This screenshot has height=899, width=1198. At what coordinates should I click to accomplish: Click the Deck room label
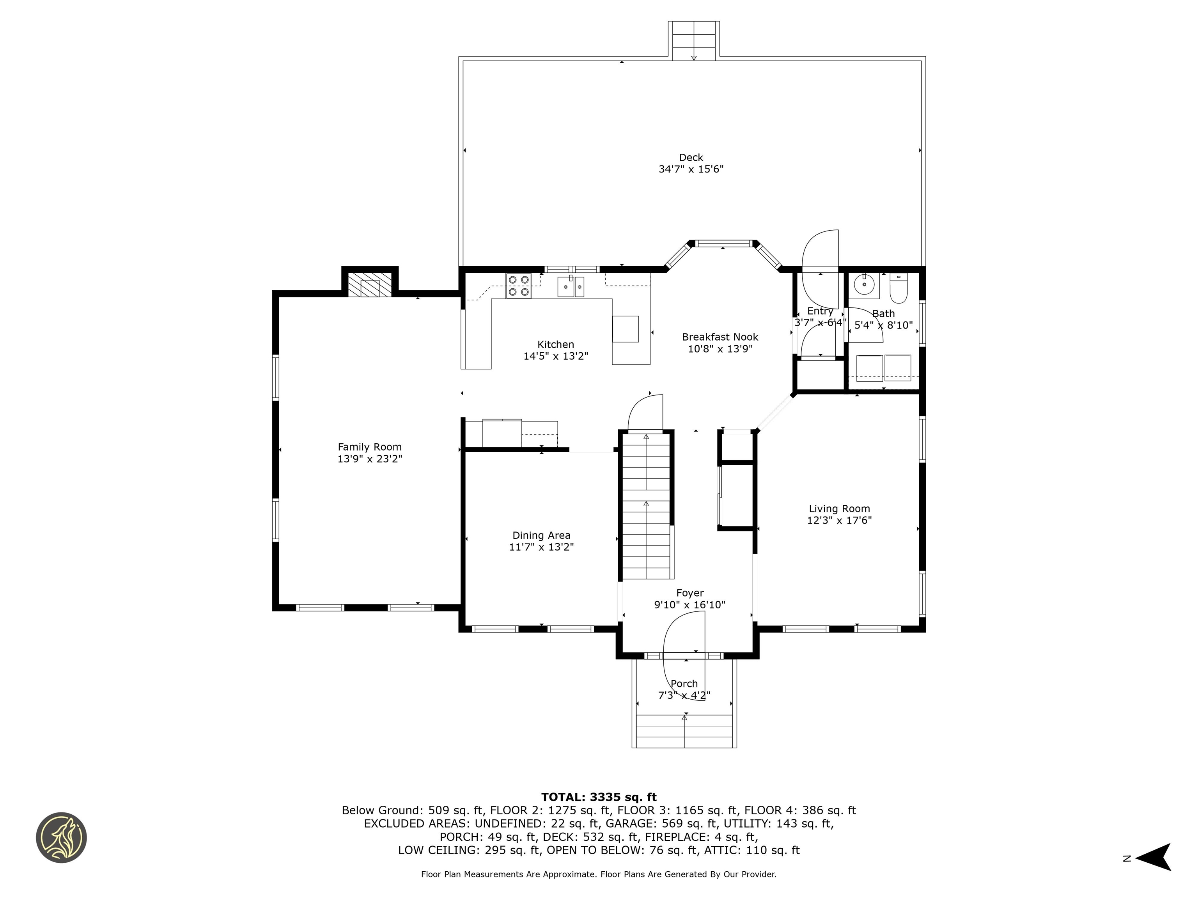pyautogui.click(x=691, y=158)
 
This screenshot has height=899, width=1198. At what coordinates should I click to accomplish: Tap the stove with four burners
pyautogui.click(x=518, y=286)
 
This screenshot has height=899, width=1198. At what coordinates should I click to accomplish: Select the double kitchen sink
pyautogui.click(x=571, y=286)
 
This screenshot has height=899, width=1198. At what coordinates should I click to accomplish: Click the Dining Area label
pyautogui.click(x=541, y=535)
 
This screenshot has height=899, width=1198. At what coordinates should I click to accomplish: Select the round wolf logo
pyautogui.click(x=61, y=837)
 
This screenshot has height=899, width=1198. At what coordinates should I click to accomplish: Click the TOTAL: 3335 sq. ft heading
pyautogui.click(x=599, y=797)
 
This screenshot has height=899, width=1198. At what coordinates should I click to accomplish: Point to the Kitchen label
pyautogui.click(x=555, y=345)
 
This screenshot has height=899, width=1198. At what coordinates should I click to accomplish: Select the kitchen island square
pyautogui.click(x=625, y=329)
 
